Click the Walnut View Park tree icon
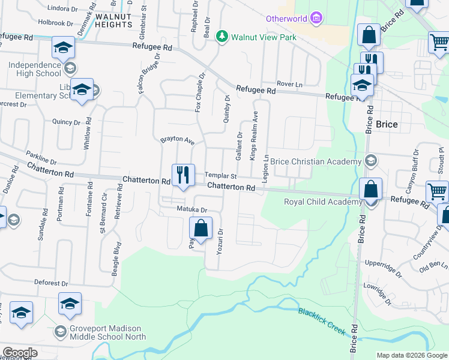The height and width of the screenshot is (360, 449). [222, 37]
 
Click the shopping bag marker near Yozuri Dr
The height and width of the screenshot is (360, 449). [200, 228]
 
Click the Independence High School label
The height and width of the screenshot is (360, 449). [35, 68]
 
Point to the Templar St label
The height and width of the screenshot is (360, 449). [221, 176]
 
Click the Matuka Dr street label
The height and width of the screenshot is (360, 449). [191, 210]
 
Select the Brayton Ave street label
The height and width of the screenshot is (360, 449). [177, 141]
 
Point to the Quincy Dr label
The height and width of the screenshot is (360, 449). [66, 122]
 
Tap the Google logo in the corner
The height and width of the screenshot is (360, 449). [20, 353]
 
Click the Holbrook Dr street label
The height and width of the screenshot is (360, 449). [55, 23]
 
